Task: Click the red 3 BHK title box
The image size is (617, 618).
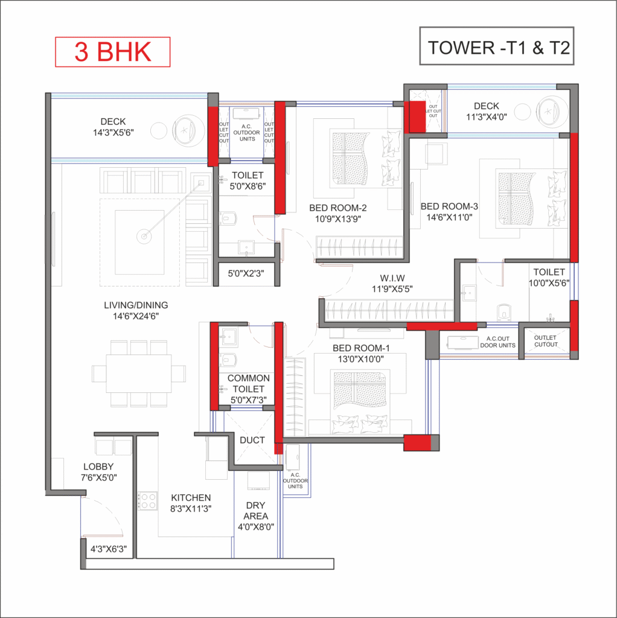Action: [112, 52]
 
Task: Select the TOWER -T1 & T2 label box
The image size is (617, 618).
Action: [497, 46]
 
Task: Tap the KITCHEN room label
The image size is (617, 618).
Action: [191, 497]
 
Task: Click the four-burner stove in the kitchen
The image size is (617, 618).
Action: [147, 501]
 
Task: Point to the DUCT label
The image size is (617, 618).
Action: [252, 440]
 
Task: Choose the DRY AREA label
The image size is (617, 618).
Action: [255, 511]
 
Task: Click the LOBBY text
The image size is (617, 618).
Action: [98, 467]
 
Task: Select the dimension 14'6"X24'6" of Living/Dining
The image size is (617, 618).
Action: [136, 316]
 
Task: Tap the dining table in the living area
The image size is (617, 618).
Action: [138, 374]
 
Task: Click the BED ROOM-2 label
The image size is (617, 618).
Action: [338, 208]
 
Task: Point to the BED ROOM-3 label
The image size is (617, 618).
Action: [449, 206]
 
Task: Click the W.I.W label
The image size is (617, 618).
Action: [392, 278]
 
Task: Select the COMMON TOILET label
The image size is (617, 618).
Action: [248, 383]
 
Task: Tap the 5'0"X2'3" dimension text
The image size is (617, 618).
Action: [246, 273]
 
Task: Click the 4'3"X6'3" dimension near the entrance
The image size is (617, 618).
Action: [109, 549]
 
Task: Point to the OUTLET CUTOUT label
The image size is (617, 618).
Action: [546, 341]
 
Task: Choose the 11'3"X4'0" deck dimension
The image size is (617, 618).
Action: [487, 116]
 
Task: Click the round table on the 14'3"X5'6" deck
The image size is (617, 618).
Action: [158, 131]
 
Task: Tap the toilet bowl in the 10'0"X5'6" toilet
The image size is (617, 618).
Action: [504, 311]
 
